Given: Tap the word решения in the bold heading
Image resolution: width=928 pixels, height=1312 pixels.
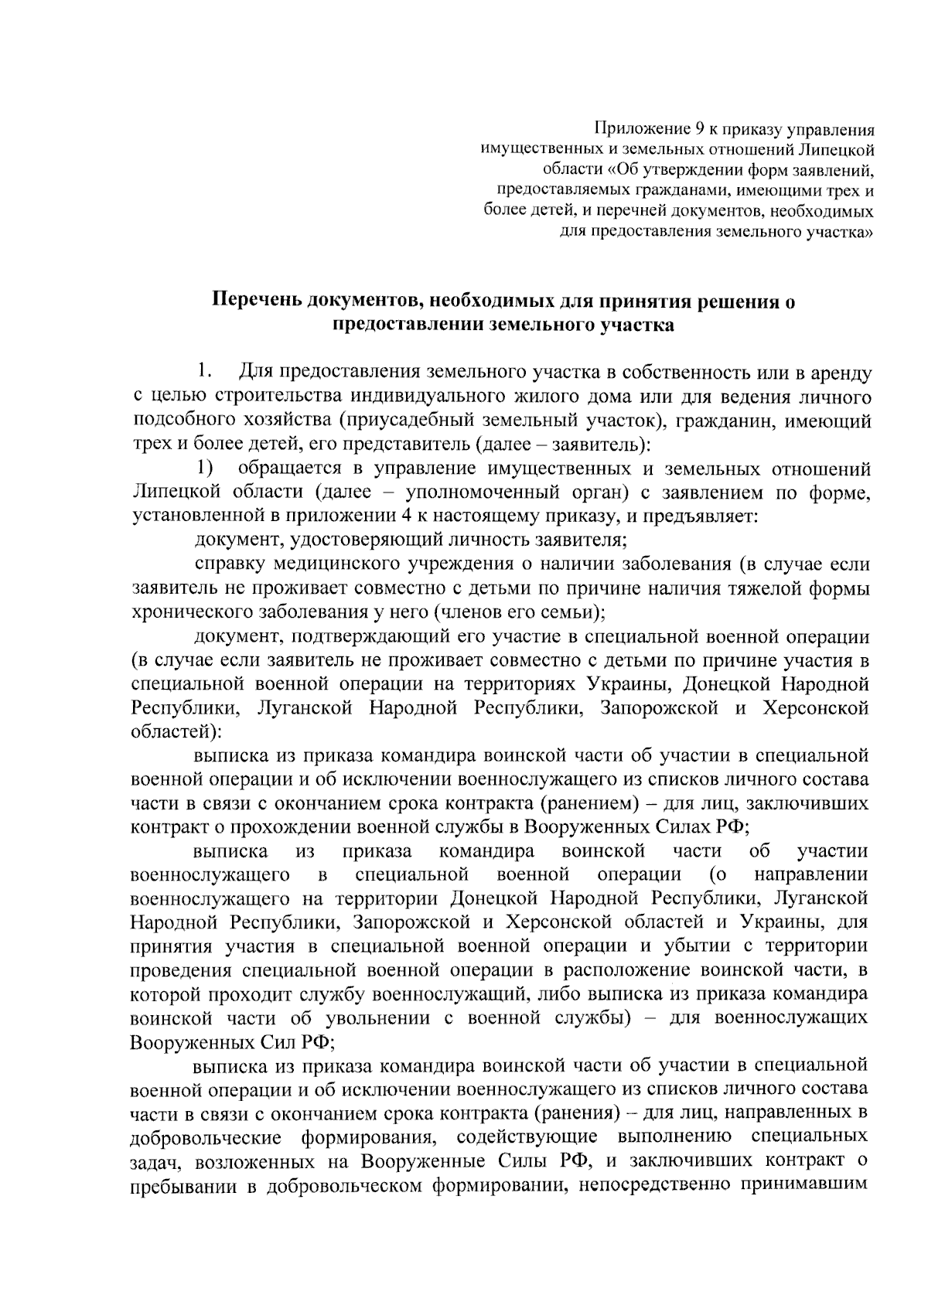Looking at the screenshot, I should (x=734, y=301).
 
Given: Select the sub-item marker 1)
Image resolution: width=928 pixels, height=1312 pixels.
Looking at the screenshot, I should (x=204, y=469).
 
